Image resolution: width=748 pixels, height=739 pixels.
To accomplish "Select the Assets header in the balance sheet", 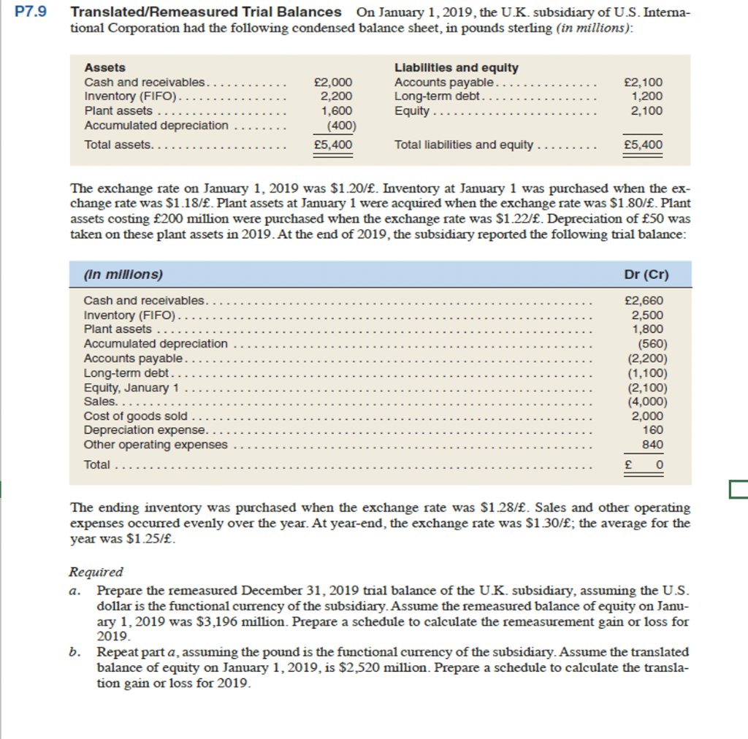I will (105, 67).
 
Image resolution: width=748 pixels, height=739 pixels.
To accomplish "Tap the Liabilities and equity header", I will (456, 67).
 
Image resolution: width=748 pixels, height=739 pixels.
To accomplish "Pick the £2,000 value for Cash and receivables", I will (332, 82).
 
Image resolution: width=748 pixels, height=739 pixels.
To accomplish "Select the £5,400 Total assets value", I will (332, 145).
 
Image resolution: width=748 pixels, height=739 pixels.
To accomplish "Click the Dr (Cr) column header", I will (643, 275).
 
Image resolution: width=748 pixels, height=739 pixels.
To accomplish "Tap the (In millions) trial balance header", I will (123, 275).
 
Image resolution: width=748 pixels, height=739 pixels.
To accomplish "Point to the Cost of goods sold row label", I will (136, 416).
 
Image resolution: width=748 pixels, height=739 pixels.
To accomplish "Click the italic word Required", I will (96, 573).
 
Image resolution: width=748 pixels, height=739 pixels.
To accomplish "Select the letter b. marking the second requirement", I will (75, 651).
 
